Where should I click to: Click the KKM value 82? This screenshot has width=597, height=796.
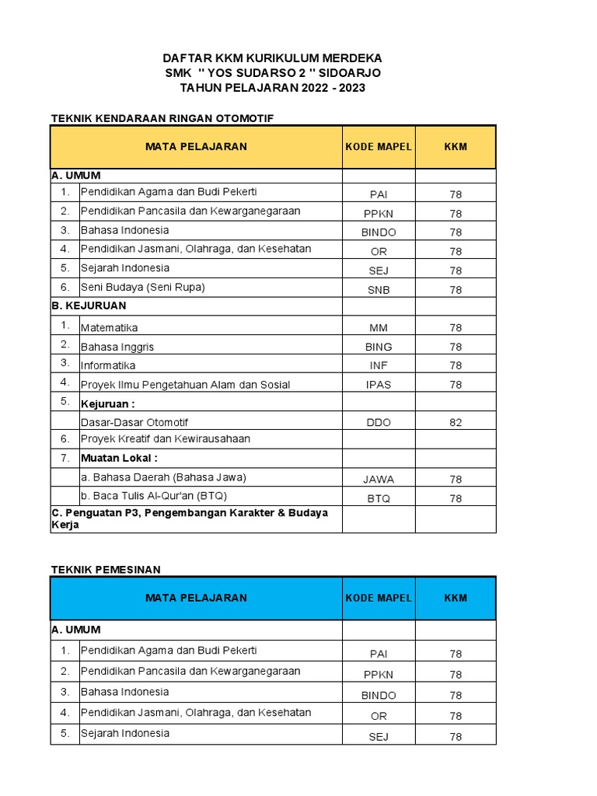[x=456, y=422]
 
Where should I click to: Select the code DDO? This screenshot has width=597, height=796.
[x=379, y=422]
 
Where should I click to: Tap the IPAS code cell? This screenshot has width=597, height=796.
[x=379, y=384]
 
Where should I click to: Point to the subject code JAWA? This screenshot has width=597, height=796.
[x=379, y=479]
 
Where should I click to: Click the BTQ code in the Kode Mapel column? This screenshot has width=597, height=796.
[x=379, y=498]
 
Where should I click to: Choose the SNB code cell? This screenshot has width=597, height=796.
[x=379, y=290]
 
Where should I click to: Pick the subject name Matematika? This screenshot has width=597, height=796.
[x=110, y=328]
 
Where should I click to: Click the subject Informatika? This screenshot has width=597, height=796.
[x=108, y=365]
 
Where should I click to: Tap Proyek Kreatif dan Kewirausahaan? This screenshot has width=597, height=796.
[x=166, y=438]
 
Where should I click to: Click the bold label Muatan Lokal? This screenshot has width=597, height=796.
[x=119, y=458]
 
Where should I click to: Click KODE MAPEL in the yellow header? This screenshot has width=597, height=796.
[x=379, y=146]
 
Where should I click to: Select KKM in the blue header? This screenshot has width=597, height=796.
[x=456, y=598]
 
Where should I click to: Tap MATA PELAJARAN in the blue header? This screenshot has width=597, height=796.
[x=196, y=598]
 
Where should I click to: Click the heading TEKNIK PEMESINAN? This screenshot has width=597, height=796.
[x=106, y=570]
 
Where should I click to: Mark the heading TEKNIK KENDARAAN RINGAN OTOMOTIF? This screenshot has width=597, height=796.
[x=162, y=118]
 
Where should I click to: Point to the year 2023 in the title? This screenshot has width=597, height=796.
[x=351, y=88]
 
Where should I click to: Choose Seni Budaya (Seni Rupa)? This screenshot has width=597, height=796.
[x=143, y=287]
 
